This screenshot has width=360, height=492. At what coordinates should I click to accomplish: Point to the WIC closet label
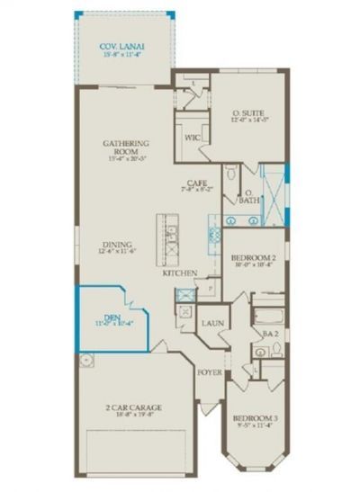(192, 139)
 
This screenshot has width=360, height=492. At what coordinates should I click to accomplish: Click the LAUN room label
(212, 322)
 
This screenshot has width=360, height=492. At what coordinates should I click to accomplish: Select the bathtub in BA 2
(266, 318)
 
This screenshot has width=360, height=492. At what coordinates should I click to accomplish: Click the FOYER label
(209, 370)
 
